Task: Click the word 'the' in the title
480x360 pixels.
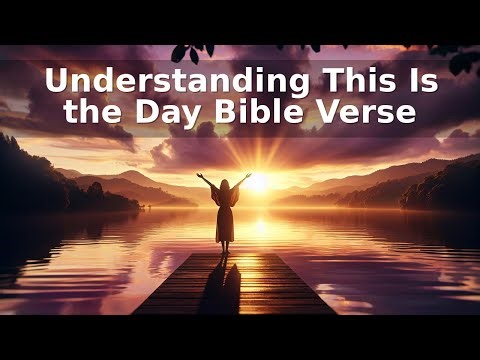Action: pos(91,112)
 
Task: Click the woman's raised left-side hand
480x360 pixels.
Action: pos(200,177)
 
